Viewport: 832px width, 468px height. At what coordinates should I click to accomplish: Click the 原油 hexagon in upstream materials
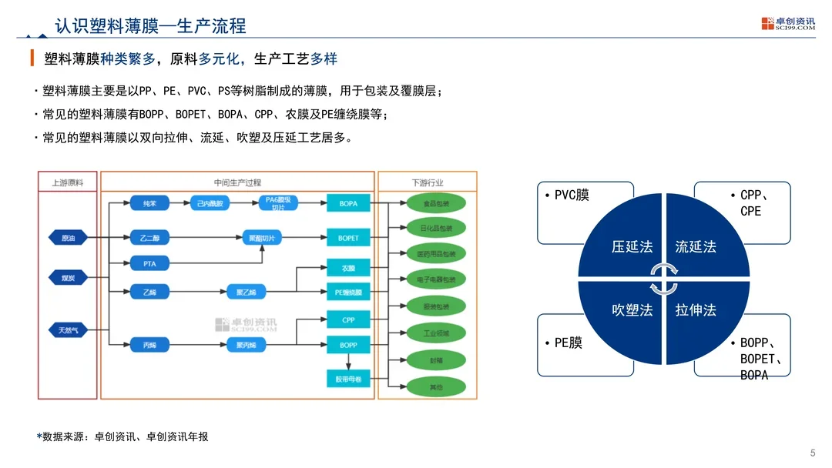[68, 238]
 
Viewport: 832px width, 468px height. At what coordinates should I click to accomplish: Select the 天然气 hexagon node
[68, 330]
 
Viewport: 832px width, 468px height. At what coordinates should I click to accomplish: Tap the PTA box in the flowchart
[149, 264]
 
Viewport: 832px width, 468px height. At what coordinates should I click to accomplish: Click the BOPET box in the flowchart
[348, 238]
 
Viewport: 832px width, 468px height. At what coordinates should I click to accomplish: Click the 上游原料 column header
[67, 182]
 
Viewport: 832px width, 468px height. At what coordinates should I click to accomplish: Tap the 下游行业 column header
[428, 182]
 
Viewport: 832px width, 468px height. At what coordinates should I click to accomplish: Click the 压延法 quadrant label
[632, 247]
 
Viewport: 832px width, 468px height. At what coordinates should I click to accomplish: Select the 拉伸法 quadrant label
[696, 310]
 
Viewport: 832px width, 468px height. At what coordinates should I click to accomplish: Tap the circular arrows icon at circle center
[663, 279]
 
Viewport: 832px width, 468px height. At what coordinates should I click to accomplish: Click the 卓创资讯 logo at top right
[787, 24]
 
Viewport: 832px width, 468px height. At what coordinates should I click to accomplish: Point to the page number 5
[814, 452]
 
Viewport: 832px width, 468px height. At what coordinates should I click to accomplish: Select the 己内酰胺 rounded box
[210, 203]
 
